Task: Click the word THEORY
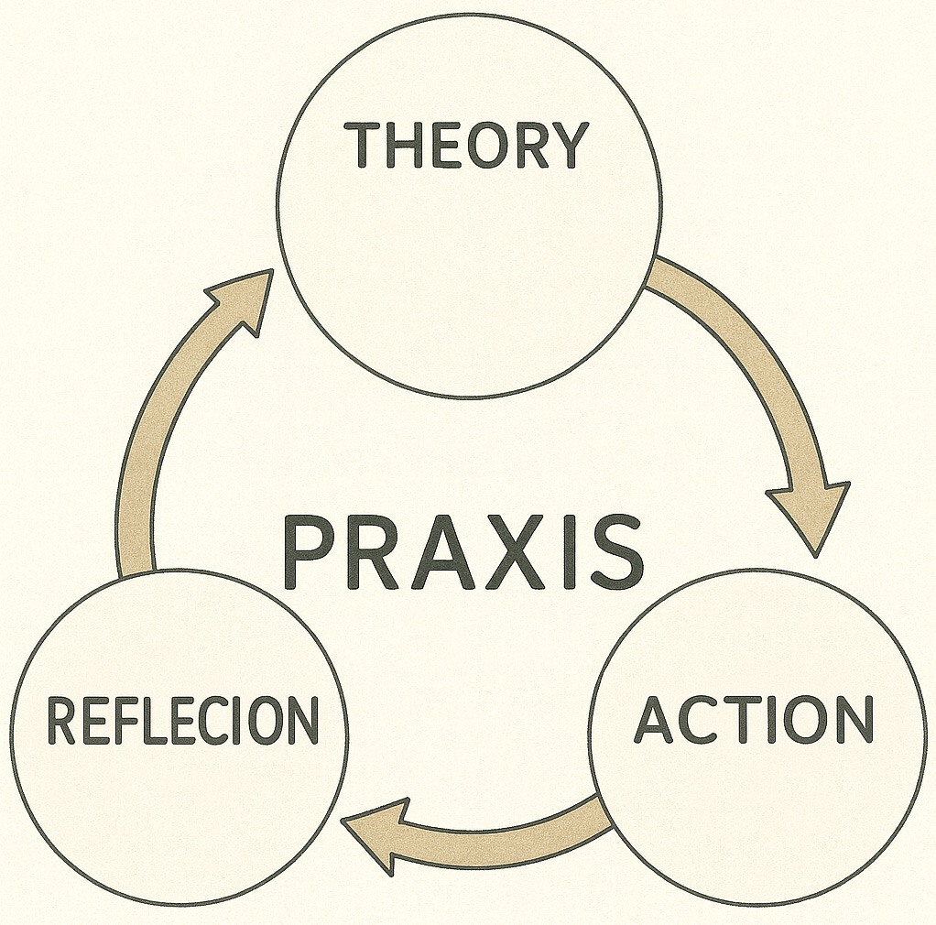point(467,145)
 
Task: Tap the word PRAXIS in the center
point(463,552)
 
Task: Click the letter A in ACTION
point(656,720)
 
